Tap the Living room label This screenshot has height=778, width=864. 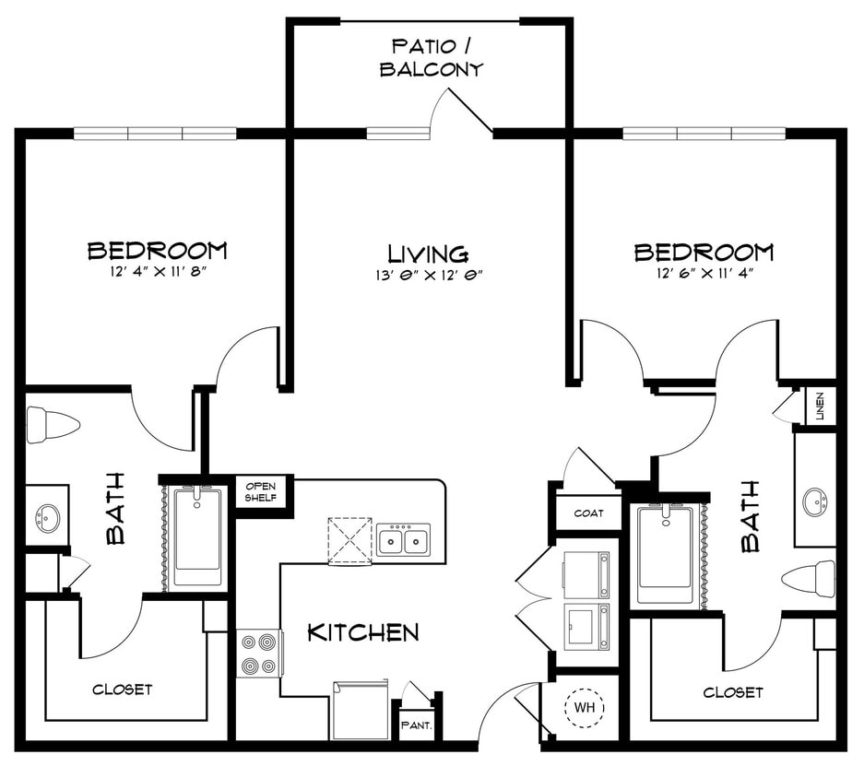pyautogui.click(x=428, y=253)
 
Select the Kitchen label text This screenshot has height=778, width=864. pyautogui.click(x=362, y=632)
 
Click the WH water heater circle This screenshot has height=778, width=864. pyautogui.click(x=584, y=708)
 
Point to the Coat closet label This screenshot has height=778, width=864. pyautogui.click(x=588, y=513)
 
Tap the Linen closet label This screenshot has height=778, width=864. pyautogui.click(x=821, y=407)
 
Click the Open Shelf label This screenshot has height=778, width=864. pyautogui.click(x=261, y=492)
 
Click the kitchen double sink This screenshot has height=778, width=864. pyautogui.click(x=403, y=539)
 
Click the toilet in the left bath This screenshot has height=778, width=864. pyautogui.click(x=52, y=425)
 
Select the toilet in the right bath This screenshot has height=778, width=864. pyautogui.click(x=808, y=578)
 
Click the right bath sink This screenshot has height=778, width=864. pyautogui.click(x=815, y=502)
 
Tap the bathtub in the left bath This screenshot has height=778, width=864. pyautogui.click(x=196, y=537)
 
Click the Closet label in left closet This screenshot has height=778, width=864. pyautogui.click(x=122, y=690)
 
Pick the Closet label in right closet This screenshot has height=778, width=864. pyautogui.click(x=733, y=692)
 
